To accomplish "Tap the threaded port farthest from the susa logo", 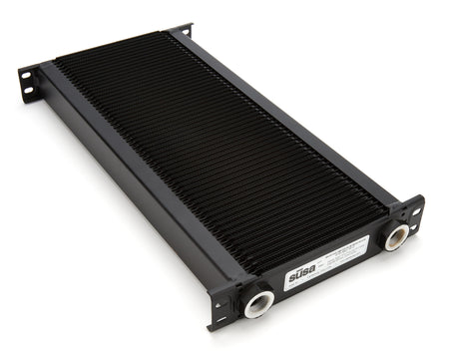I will [x=397, y=235].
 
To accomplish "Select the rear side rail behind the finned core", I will [x=289, y=120].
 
